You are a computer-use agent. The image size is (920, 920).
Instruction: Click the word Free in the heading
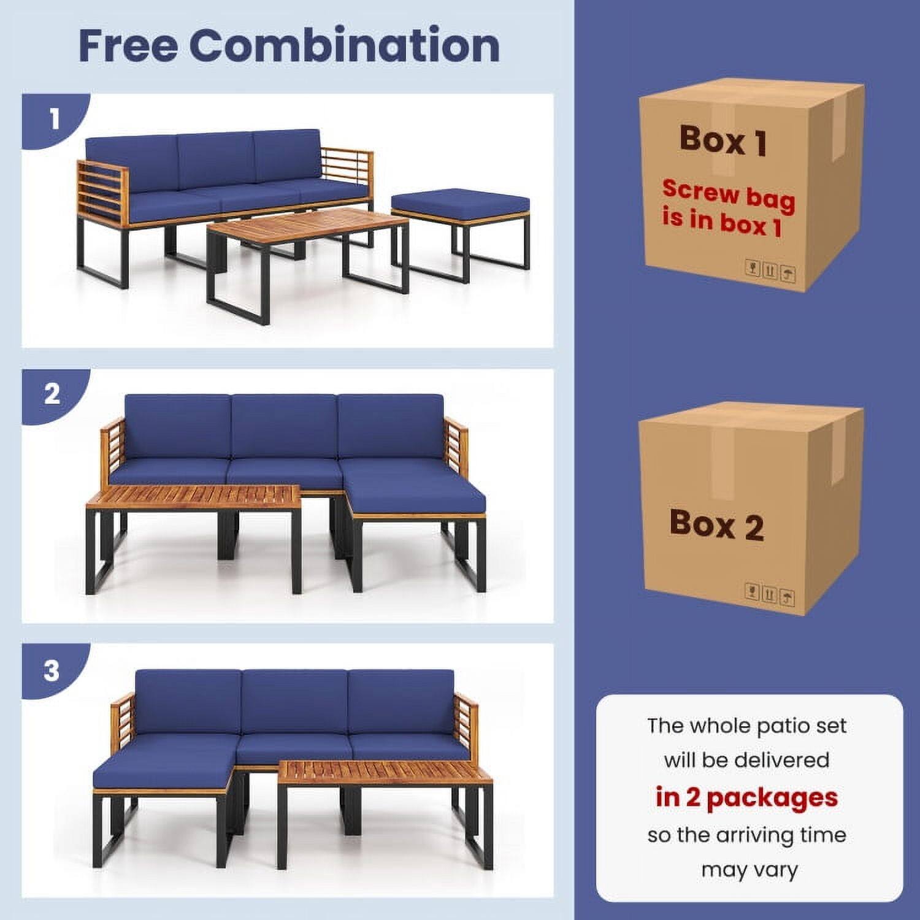click(x=128, y=45)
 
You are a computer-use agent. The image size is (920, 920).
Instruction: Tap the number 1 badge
click(x=54, y=118)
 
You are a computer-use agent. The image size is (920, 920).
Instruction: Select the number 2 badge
click(x=53, y=394)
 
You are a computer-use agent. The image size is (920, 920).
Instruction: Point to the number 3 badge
click(x=52, y=670)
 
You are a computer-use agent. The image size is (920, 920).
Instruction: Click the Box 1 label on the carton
click(x=723, y=140)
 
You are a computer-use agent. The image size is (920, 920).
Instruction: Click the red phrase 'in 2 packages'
click(x=746, y=797)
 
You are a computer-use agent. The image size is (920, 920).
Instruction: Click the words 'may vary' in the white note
click(x=749, y=870)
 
